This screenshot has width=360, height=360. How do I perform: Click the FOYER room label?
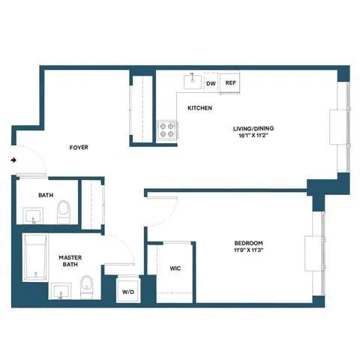click(79, 148)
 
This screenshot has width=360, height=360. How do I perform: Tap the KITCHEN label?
click(199, 109)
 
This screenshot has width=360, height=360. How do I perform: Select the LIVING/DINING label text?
click(251, 128)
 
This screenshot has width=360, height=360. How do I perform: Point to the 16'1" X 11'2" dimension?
click(251, 136)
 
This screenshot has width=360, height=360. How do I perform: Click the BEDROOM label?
click(247, 243)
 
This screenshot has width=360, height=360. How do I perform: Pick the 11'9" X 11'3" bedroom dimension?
click(247, 251)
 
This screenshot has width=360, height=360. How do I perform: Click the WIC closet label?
click(175, 268)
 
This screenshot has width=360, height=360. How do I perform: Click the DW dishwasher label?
click(211, 84)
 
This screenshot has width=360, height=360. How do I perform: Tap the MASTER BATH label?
click(70, 261)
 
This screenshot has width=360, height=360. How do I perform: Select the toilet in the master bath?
click(86, 286)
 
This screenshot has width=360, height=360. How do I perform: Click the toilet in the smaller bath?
click(64, 210)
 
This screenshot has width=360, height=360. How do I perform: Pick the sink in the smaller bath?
click(32, 216)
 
